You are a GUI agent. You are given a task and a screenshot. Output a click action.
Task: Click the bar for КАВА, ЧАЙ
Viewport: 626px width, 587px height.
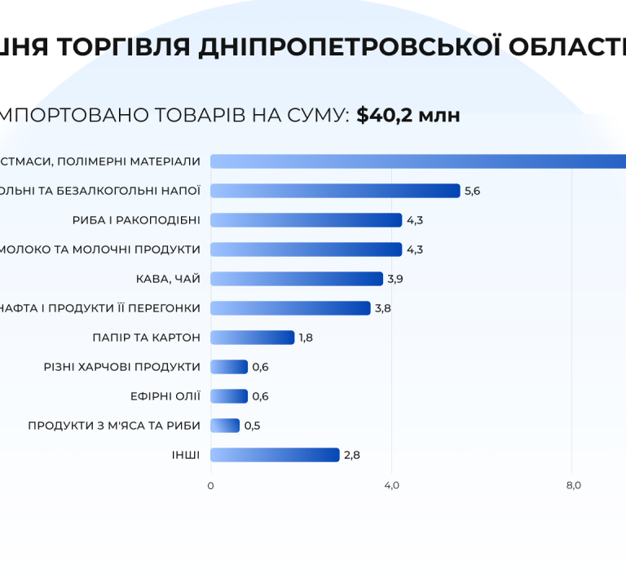coord(297,279)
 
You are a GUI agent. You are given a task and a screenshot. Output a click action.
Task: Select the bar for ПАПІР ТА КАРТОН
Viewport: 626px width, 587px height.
coord(253,338)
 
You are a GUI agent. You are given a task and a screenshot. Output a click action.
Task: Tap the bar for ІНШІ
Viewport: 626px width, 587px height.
coord(275,455)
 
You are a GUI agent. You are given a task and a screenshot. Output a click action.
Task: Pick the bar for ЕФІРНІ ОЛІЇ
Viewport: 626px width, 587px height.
coord(229,396)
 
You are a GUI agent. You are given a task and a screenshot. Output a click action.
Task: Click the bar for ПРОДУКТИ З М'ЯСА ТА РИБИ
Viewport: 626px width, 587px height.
coord(225,426)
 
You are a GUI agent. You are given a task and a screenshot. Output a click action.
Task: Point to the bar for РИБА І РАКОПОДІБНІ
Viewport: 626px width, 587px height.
coord(306,220)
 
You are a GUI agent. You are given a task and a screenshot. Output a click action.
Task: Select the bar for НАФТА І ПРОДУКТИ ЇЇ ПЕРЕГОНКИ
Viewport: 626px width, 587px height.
coord(290,308)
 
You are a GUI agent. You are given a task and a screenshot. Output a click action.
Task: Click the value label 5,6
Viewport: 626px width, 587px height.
coord(473,191)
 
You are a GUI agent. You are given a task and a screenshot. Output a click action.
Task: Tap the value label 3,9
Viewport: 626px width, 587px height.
coord(395,279)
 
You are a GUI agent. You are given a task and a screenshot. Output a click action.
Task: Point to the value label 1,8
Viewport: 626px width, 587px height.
coord(306,338)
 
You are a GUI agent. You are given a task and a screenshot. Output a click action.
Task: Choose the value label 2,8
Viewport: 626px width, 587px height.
coord(352,455)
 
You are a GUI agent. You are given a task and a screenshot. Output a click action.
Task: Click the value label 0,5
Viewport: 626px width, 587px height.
coord(253,426)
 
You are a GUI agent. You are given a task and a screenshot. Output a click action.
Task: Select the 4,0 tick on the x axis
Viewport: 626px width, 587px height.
coord(391,486)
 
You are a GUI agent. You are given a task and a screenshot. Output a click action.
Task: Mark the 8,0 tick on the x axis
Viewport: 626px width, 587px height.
coord(573,486)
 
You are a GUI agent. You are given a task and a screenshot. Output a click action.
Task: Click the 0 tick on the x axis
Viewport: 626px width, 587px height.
coord(210,486)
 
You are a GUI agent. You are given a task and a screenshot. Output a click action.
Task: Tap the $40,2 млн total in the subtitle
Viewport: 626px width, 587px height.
coord(408,115)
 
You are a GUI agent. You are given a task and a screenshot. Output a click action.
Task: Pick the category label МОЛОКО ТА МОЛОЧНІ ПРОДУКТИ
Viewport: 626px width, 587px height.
coord(99,249)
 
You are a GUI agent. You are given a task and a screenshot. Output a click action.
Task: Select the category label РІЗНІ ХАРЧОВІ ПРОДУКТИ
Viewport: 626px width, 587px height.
coord(121,367)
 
